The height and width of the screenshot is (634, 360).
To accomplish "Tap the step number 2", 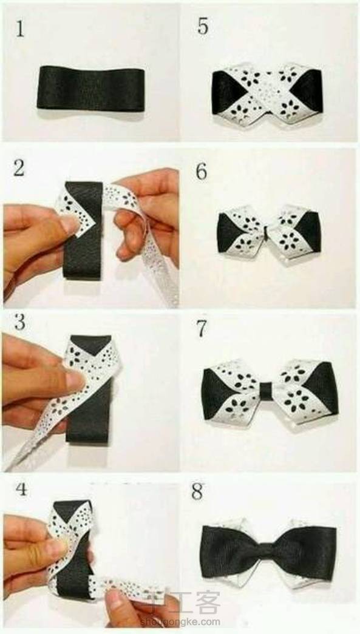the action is click(x=19, y=168).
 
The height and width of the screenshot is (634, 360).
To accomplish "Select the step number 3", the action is click(x=19, y=322).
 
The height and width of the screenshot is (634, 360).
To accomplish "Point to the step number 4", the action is click(x=21, y=489).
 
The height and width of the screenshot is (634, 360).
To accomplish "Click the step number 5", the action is click(x=203, y=26).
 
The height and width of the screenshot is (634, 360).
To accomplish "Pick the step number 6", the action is click(x=202, y=172).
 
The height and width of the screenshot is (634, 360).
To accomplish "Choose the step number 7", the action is click(x=202, y=329).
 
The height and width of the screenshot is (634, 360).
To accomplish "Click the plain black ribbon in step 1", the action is click(x=90, y=88).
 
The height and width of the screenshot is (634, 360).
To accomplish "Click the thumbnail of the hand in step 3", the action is click(x=75, y=381).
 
